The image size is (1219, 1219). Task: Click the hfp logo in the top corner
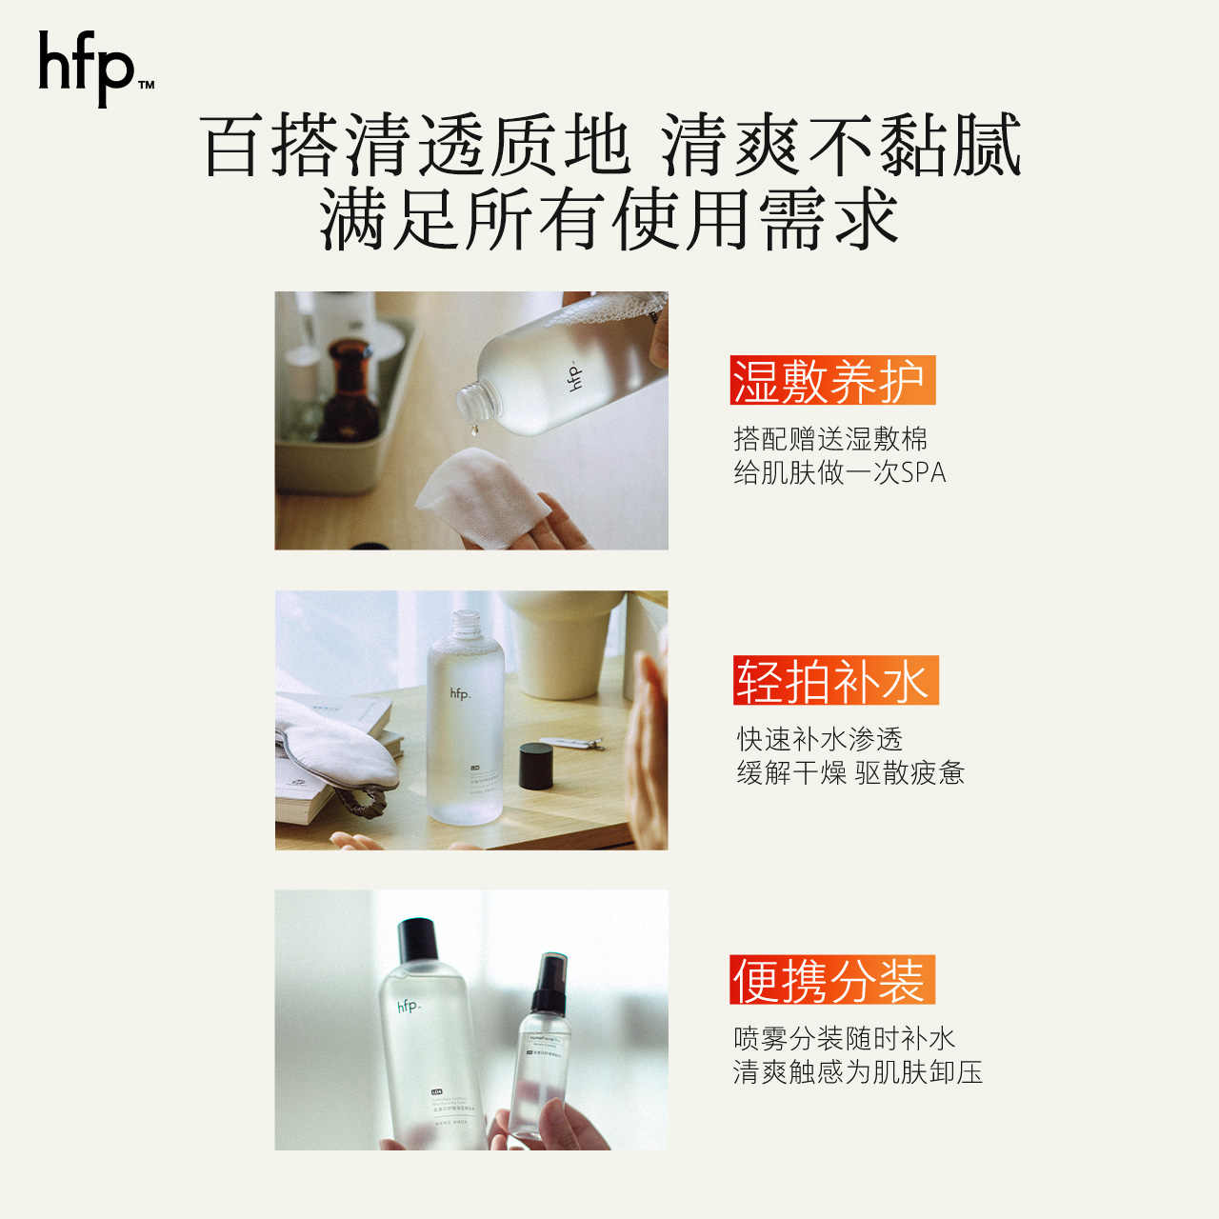[94, 68]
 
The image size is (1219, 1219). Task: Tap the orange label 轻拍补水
[834, 681]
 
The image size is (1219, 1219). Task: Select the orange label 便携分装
[831, 980]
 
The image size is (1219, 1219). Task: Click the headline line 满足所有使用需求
[609, 220]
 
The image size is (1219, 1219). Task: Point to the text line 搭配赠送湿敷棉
[830, 439]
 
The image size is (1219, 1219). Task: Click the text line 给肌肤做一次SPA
[839, 472]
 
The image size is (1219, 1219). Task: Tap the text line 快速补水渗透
[819, 739]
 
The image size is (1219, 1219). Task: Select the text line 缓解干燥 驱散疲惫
[849, 772]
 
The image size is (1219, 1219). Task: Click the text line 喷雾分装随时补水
[844, 1038]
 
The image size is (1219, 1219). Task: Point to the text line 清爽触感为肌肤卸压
[857, 1072]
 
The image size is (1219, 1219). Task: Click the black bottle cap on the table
[536, 766]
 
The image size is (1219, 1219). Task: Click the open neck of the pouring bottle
[475, 399]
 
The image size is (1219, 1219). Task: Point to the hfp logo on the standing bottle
[460, 693]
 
